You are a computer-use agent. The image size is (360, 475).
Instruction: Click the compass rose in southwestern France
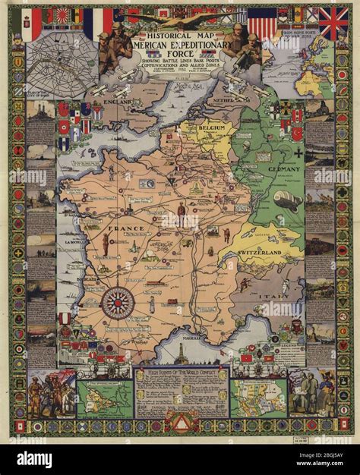point(117,303)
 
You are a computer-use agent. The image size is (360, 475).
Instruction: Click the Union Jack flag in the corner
point(333,23)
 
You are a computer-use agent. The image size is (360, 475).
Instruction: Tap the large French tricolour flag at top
point(98,23)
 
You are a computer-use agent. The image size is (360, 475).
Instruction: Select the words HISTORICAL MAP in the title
point(181,36)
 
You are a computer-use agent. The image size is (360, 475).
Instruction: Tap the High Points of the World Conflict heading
point(180,375)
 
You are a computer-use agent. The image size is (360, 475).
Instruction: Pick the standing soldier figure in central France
point(181,215)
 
